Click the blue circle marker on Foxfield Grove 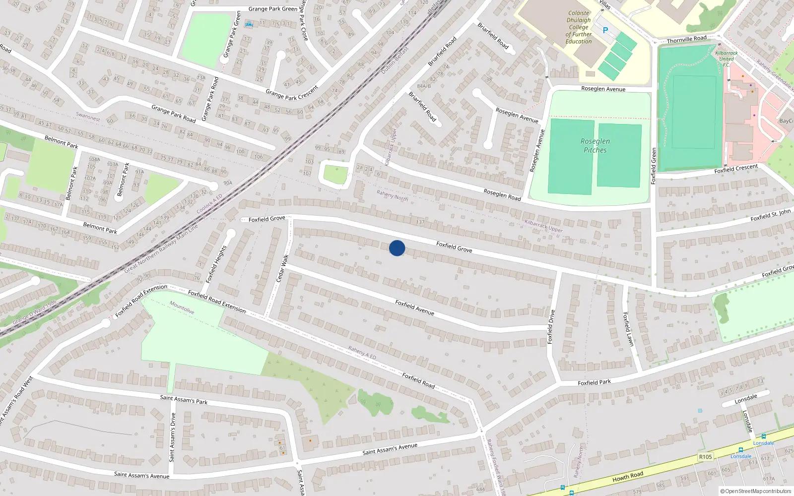tap(397, 248)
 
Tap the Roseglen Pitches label tap(595, 145)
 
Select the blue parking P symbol tap(605, 30)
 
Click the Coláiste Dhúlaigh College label tap(579, 27)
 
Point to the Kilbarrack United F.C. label tap(726, 59)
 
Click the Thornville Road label tap(686, 39)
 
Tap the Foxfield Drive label tap(550, 327)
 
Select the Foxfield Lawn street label tap(628, 329)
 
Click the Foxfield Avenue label tap(414, 308)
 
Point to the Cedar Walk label tap(282, 268)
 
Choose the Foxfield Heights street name tap(216, 264)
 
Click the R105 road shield tap(705, 457)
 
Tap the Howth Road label tap(627, 477)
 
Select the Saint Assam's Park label tap(184, 399)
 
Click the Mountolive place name tap(182, 308)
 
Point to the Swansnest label tap(88, 117)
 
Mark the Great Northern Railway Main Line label tap(161, 248)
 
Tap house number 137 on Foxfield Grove tap(420, 222)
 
